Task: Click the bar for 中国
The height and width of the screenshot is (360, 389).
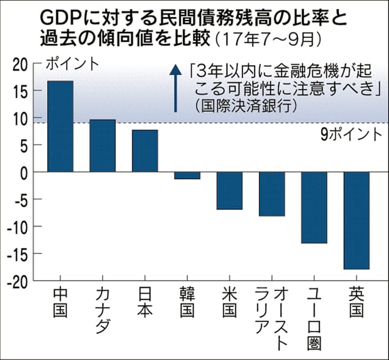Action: pos(60,126)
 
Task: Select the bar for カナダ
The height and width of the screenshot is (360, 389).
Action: pos(102,146)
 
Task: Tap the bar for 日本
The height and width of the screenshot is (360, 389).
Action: pos(145,151)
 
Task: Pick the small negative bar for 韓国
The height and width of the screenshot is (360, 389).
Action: pos(187,176)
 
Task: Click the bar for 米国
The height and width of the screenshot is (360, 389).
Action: pos(229,191)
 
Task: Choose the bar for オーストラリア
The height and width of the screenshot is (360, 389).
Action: pos(272,194)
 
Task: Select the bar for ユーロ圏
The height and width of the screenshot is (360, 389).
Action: pos(314,208)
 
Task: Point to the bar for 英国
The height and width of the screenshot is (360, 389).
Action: pos(356,220)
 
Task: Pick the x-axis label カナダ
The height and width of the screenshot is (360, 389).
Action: pos(102,312)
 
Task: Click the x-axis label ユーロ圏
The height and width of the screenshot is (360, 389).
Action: pos(314,318)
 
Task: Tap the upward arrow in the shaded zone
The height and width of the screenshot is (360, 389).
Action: pos(176,88)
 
